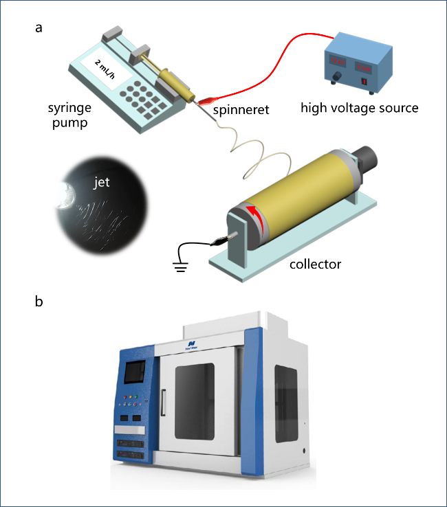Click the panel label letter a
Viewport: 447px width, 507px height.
click(x=39, y=28)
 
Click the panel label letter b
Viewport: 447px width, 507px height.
click(x=40, y=301)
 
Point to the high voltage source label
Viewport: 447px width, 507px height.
click(x=360, y=108)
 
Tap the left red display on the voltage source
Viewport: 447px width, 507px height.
click(x=339, y=58)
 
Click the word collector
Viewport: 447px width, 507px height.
click(x=314, y=263)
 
